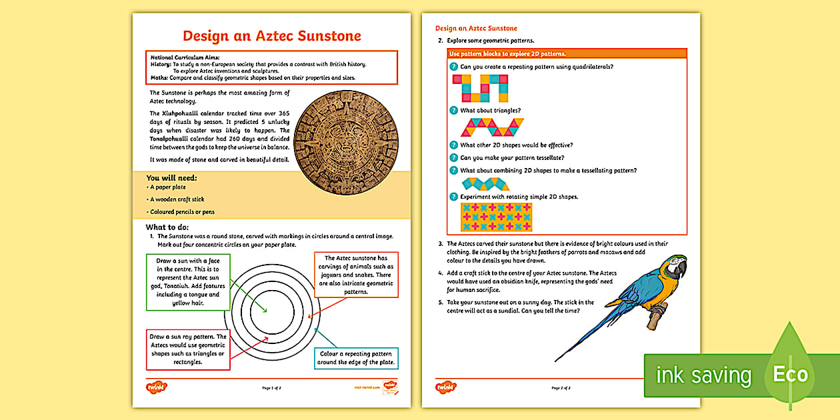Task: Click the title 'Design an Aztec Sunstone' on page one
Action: click(272, 35)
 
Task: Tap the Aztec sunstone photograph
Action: click(346, 139)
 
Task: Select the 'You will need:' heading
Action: click(171, 178)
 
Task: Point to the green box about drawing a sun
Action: click(188, 282)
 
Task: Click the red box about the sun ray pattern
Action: click(188, 349)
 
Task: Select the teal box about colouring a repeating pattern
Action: click(355, 358)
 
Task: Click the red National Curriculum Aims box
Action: click(271, 67)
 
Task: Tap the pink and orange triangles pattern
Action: click(491, 127)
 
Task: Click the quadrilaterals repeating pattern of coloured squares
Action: click(480, 88)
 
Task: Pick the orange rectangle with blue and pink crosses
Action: click(496, 217)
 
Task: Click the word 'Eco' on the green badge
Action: click(790, 374)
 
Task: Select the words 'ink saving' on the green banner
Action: click(703, 375)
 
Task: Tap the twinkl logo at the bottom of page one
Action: click(155, 387)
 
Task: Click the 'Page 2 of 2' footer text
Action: click(561, 387)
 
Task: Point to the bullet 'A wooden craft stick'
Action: click(177, 199)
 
